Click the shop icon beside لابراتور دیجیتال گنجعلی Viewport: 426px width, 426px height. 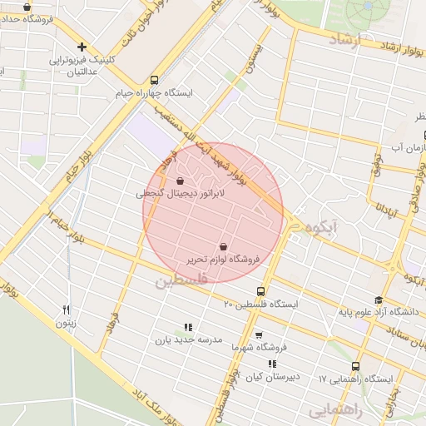point(181,180)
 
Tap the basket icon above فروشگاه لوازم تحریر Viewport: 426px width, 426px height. point(223,246)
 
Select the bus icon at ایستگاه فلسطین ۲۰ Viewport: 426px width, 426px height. point(262,291)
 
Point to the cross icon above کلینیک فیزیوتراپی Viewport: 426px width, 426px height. point(82,47)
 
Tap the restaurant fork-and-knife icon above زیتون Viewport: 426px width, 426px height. point(67,310)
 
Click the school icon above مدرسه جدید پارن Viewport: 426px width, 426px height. point(188,327)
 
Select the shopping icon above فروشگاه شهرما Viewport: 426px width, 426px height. point(259,335)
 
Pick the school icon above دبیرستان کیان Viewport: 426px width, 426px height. point(272,364)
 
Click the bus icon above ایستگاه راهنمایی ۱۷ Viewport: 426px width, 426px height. point(356,366)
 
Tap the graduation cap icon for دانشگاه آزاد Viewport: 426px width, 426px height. point(379,300)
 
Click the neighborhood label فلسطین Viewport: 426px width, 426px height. point(178,281)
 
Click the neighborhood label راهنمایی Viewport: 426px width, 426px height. point(333,410)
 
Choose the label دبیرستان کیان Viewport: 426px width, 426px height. point(272,378)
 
